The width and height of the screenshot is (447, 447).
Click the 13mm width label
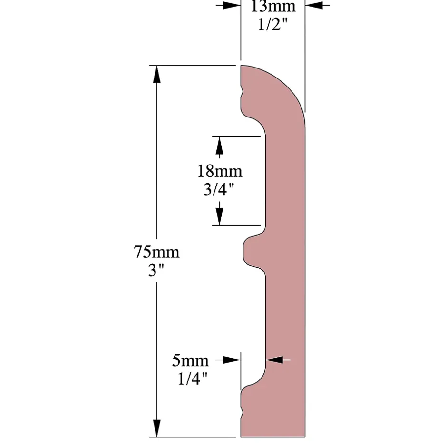pyautogui.click(x=273, y=7)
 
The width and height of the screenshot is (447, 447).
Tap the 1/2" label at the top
pyautogui.click(x=273, y=24)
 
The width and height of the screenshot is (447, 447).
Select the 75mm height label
pyautogui.click(x=156, y=252)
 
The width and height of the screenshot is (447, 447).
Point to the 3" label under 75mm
pyautogui.click(x=156, y=271)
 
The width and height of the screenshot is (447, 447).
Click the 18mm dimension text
pyautogui.click(x=219, y=171)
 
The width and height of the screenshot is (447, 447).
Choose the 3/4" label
pyautogui.click(x=219, y=190)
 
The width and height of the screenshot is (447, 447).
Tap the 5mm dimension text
pyautogui.click(x=190, y=360)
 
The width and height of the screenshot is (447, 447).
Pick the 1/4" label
pyautogui.click(x=193, y=379)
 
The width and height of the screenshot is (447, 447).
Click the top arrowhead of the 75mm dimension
pyautogui.click(x=156, y=74)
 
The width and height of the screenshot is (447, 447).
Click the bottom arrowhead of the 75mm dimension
pyautogui.click(x=156, y=428)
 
